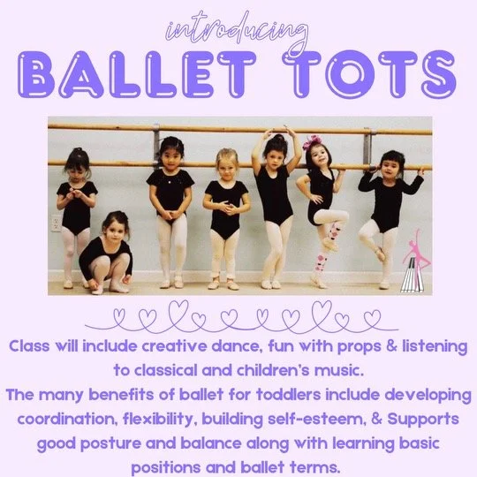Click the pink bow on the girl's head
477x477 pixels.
point(312,143)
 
